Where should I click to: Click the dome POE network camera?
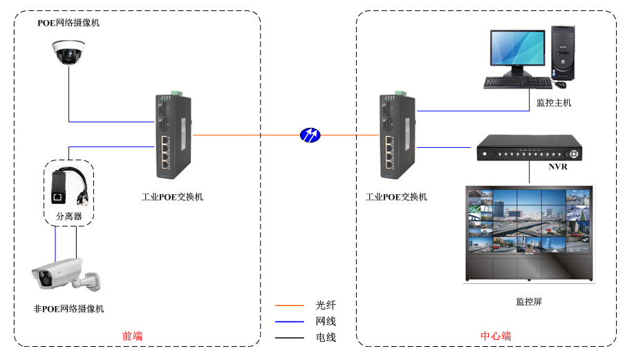tap(69, 52)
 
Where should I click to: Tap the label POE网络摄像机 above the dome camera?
tap(68, 23)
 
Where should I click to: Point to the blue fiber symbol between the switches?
tap(310, 134)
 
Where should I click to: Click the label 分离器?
tap(68, 216)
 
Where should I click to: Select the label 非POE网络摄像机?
tap(68, 309)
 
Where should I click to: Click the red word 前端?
tap(132, 337)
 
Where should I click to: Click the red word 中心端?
tap(496, 337)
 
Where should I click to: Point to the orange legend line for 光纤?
tap(290, 305)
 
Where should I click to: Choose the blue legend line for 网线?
tap(290, 321)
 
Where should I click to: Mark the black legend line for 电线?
tap(290, 338)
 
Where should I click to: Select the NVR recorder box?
tap(529, 148)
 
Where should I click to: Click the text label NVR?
tap(558, 167)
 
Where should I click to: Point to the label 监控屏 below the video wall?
tap(529, 302)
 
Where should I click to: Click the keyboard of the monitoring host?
tap(518, 83)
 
